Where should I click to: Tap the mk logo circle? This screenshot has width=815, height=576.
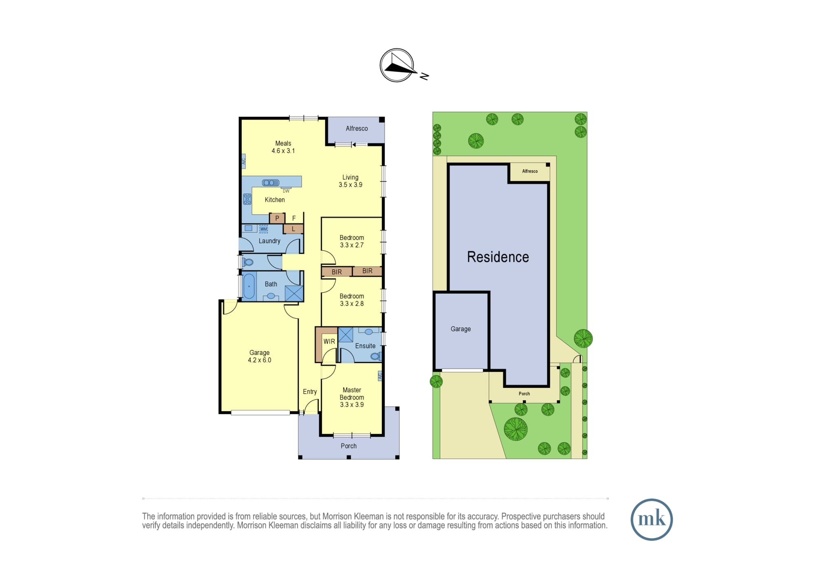pyautogui.click(x=651, y=519)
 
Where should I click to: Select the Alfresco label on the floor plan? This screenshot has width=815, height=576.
pyautogui.click(x=357, y=128)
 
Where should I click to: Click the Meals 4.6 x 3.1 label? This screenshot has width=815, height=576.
pyautogui.click(x=283, y=147)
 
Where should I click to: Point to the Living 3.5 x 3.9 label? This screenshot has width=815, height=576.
pyautogui.click(x=350, y=181)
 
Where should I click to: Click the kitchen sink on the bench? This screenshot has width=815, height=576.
pyautogui.click(x=271, y=182)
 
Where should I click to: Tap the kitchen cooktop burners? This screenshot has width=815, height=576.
pyautogui.click(x=247, y=199)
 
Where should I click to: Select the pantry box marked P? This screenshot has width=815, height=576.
pyautogui.click(x=277, y=218)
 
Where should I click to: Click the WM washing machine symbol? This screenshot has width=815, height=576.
pyautogui.click(x=264, y=229)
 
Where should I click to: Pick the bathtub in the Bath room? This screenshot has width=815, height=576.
pyautogui.click(x=249, y=286)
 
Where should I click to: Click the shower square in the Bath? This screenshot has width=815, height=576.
pyautogui.click(x=294, y=293)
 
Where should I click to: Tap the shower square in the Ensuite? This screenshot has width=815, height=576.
pyautogui.click(x=346, y=334)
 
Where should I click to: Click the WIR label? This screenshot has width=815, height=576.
pyautogui.click(x=329, y=341)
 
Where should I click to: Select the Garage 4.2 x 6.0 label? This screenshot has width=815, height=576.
pyautogui.click(x=260, y=356)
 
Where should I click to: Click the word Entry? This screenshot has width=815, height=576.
pyautogui.click(x=310, y=391)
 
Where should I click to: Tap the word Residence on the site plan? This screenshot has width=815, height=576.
pyautogui.click(x=498, y=257)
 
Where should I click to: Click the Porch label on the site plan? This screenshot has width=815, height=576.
pyautogui.click(x=524, y=394)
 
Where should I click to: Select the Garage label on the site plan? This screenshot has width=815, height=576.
pyautogui.click(x=460, y=329)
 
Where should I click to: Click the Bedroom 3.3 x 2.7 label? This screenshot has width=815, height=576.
pyautogui.click(x=352, y=241)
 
